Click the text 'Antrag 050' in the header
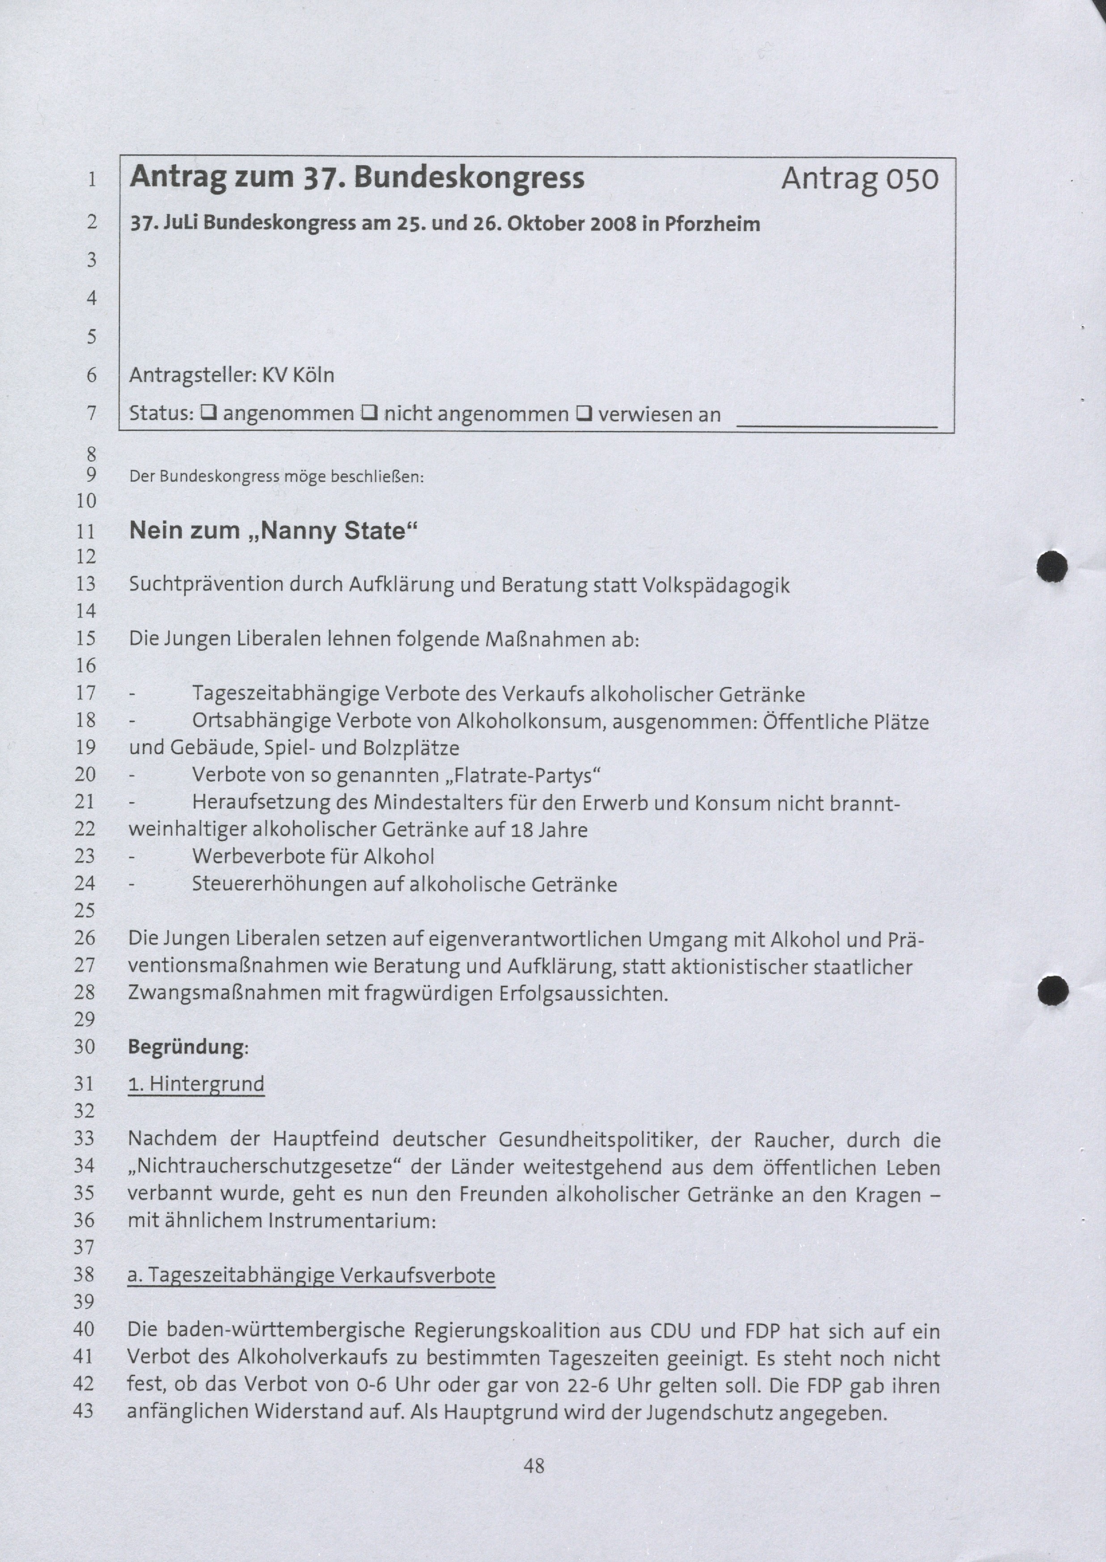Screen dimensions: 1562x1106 [x=860, y=179]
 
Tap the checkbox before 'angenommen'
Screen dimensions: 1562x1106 [x=210, y=413]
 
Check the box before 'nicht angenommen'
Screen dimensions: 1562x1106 [x=370, y=413]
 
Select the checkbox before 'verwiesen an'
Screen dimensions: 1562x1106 [x=584, y=413]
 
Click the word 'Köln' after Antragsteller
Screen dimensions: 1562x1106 [x=313, y=375]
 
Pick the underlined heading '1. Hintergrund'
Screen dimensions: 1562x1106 [x=196, y=1084]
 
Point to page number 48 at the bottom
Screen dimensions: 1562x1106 [x=534, y=1465]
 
